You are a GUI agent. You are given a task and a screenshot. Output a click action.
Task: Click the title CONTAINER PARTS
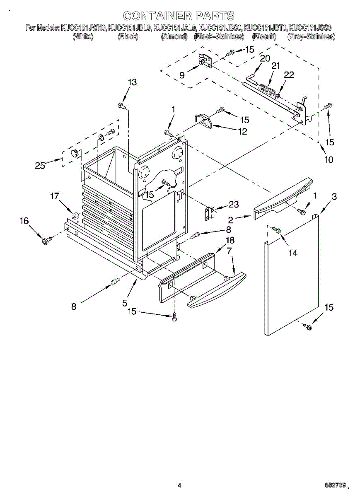click(x=179, y=16)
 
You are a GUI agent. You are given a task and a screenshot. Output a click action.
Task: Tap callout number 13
click(x=132, y=82)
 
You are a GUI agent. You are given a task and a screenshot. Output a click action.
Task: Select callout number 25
click(x=40, y=166)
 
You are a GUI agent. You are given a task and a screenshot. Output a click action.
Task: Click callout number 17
click(x=55, y=196)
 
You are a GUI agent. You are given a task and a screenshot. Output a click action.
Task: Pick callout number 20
click(x=265, y=58)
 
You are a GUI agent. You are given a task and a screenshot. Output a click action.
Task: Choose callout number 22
click(x=289, y=75)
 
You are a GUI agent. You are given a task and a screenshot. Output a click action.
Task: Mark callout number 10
click(x=329, y=159)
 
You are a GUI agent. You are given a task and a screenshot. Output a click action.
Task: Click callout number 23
click(x=234, y=204)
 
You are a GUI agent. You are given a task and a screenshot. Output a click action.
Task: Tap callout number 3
click(x=334, y=197)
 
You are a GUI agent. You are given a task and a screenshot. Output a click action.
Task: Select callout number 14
click(x=292, y=253)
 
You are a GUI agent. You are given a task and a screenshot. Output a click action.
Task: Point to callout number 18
click(x=230, y=240)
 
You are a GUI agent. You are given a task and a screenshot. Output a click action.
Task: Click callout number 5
click(x=125, y=303)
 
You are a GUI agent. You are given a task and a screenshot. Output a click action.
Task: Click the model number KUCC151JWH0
click(x=83, y=28)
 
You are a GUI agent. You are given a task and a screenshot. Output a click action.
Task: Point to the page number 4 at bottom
click(x=179, y=485)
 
